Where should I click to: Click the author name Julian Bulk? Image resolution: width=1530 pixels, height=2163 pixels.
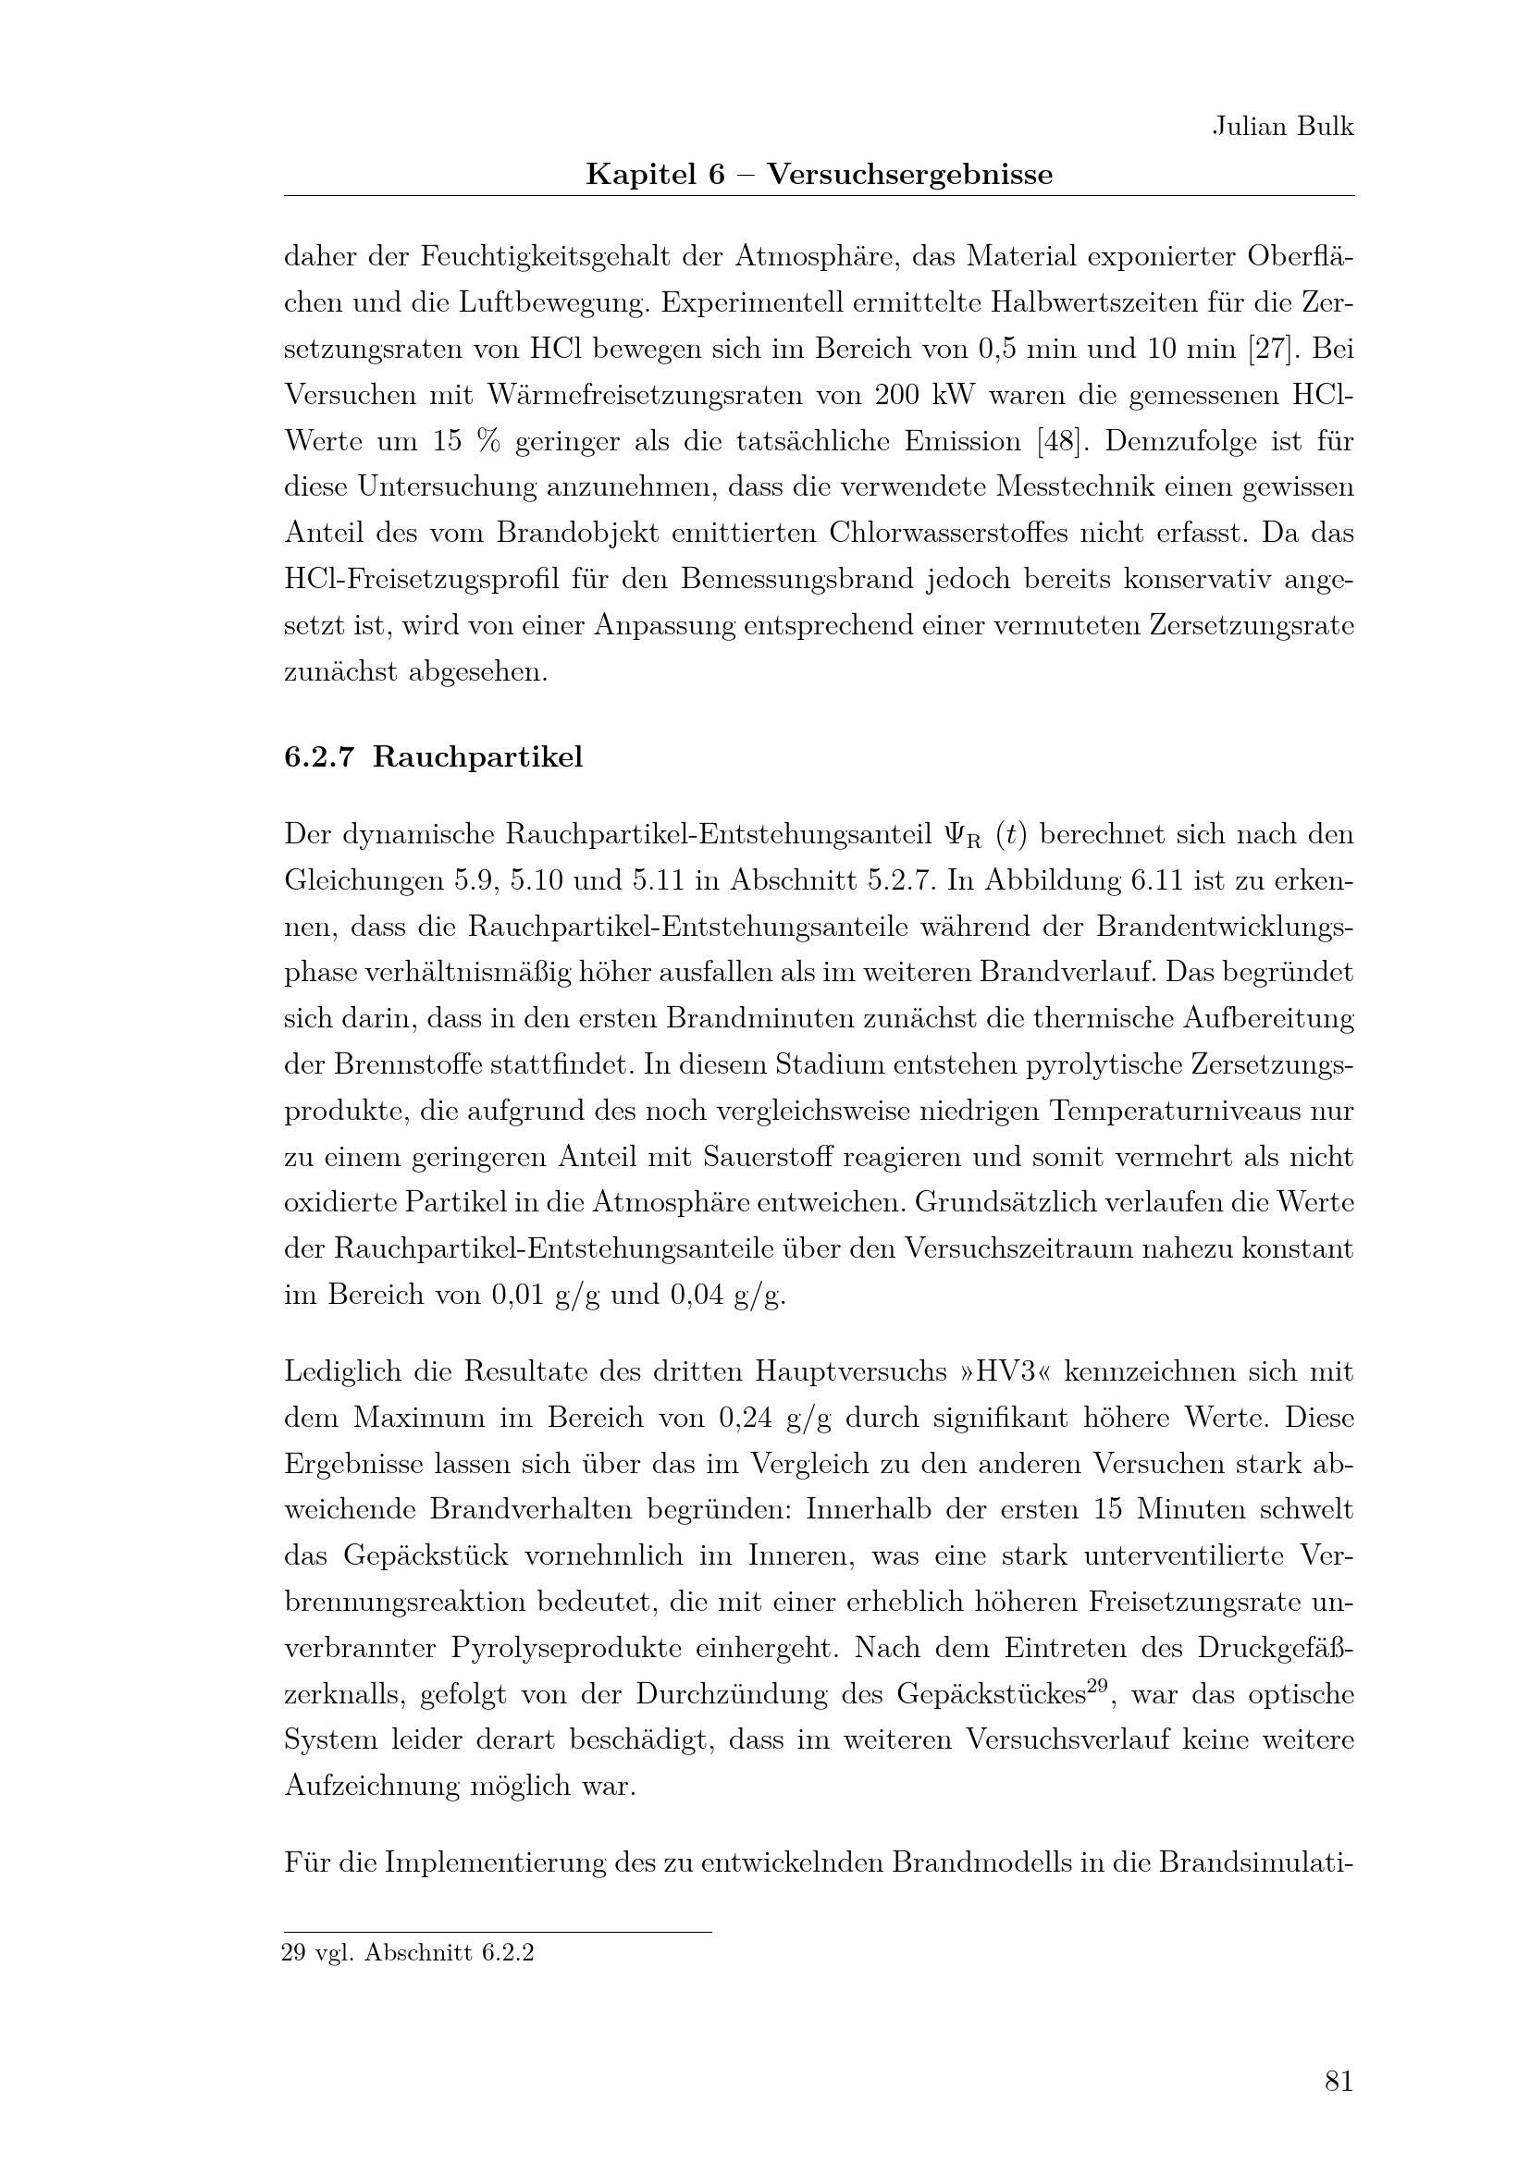click(1282, 128)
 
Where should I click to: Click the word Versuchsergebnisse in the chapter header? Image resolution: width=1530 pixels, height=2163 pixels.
click(909, 174)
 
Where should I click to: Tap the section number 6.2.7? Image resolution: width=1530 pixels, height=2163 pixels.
click(318, 757)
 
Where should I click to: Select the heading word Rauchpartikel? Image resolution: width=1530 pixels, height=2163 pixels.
click(477, 757)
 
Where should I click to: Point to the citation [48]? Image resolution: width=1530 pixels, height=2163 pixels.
click(1060, 441)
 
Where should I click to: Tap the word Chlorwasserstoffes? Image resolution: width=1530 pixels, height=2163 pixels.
click(971, 533)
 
